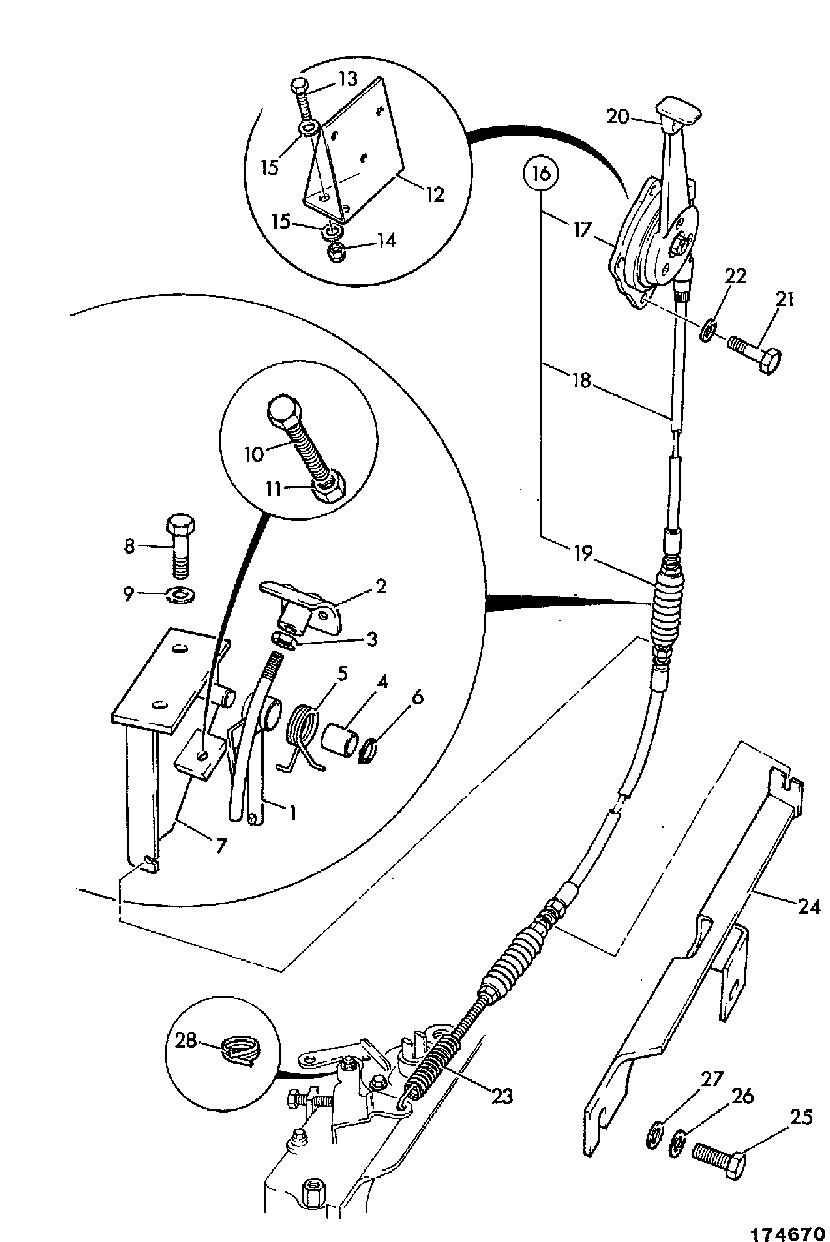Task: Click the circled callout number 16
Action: click(x=542, y=173)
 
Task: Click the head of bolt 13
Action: click(x=299, y=84)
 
